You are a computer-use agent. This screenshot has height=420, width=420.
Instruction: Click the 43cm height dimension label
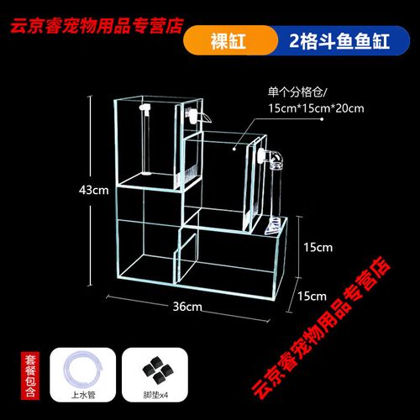coord(93,191)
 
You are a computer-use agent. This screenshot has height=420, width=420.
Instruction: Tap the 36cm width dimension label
coord(187,307)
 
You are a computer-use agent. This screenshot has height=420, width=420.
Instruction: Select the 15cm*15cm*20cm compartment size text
coord(316,108)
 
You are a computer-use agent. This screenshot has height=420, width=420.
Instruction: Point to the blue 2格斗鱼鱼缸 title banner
coord(339,41)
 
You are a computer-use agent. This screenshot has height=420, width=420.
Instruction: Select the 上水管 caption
coord(83,395)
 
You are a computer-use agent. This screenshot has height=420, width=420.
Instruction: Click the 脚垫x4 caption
coord(155,395)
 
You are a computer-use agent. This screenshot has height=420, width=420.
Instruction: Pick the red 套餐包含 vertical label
coord(30,375)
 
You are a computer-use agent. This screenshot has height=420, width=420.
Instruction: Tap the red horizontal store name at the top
coord(97,26)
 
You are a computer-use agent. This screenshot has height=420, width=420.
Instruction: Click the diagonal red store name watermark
coord(321,327)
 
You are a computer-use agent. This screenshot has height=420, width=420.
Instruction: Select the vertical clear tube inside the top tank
coord(146,140)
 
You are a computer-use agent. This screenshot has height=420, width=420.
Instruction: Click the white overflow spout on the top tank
coord(197,116)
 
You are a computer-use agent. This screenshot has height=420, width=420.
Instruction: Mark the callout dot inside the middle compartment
coord(234,149)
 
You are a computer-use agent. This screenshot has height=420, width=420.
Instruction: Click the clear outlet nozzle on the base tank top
coord(272,227)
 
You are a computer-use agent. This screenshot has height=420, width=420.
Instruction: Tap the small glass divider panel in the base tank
coord(186,258)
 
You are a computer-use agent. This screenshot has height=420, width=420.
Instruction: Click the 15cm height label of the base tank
coord(318,248)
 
